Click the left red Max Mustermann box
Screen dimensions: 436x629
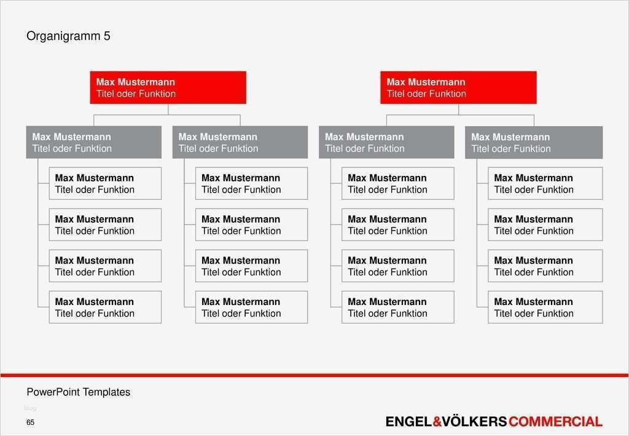[x=168, y=87]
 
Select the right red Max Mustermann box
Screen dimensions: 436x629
[x=458, y=87]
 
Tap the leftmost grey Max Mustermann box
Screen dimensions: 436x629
[x=93, y=142]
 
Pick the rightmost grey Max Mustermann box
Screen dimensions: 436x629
[x=533, y=142]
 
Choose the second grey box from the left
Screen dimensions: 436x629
[x=240, y=142]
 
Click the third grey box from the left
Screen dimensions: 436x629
[x=386, y=142]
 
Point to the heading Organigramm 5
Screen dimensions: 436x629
[x=68, y=36]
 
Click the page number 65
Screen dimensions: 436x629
[x=30, y=422]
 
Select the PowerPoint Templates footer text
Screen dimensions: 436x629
[x=78, y=392]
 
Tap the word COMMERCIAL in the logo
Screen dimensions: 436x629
[x=555, y=422]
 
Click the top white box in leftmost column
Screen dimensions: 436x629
[x=105, y=183]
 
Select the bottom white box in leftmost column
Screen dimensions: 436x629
[x=105, y=307]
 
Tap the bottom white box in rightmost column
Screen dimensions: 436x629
[x=545, y=307]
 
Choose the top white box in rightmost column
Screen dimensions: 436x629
[x=545, y=183]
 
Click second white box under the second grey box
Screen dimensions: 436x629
[x=251, y=224]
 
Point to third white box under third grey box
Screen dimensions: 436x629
[x=397, y=266]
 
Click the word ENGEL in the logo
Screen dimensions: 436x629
[x=408, y=422]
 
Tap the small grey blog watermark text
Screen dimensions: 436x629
[x=30, y=408]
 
